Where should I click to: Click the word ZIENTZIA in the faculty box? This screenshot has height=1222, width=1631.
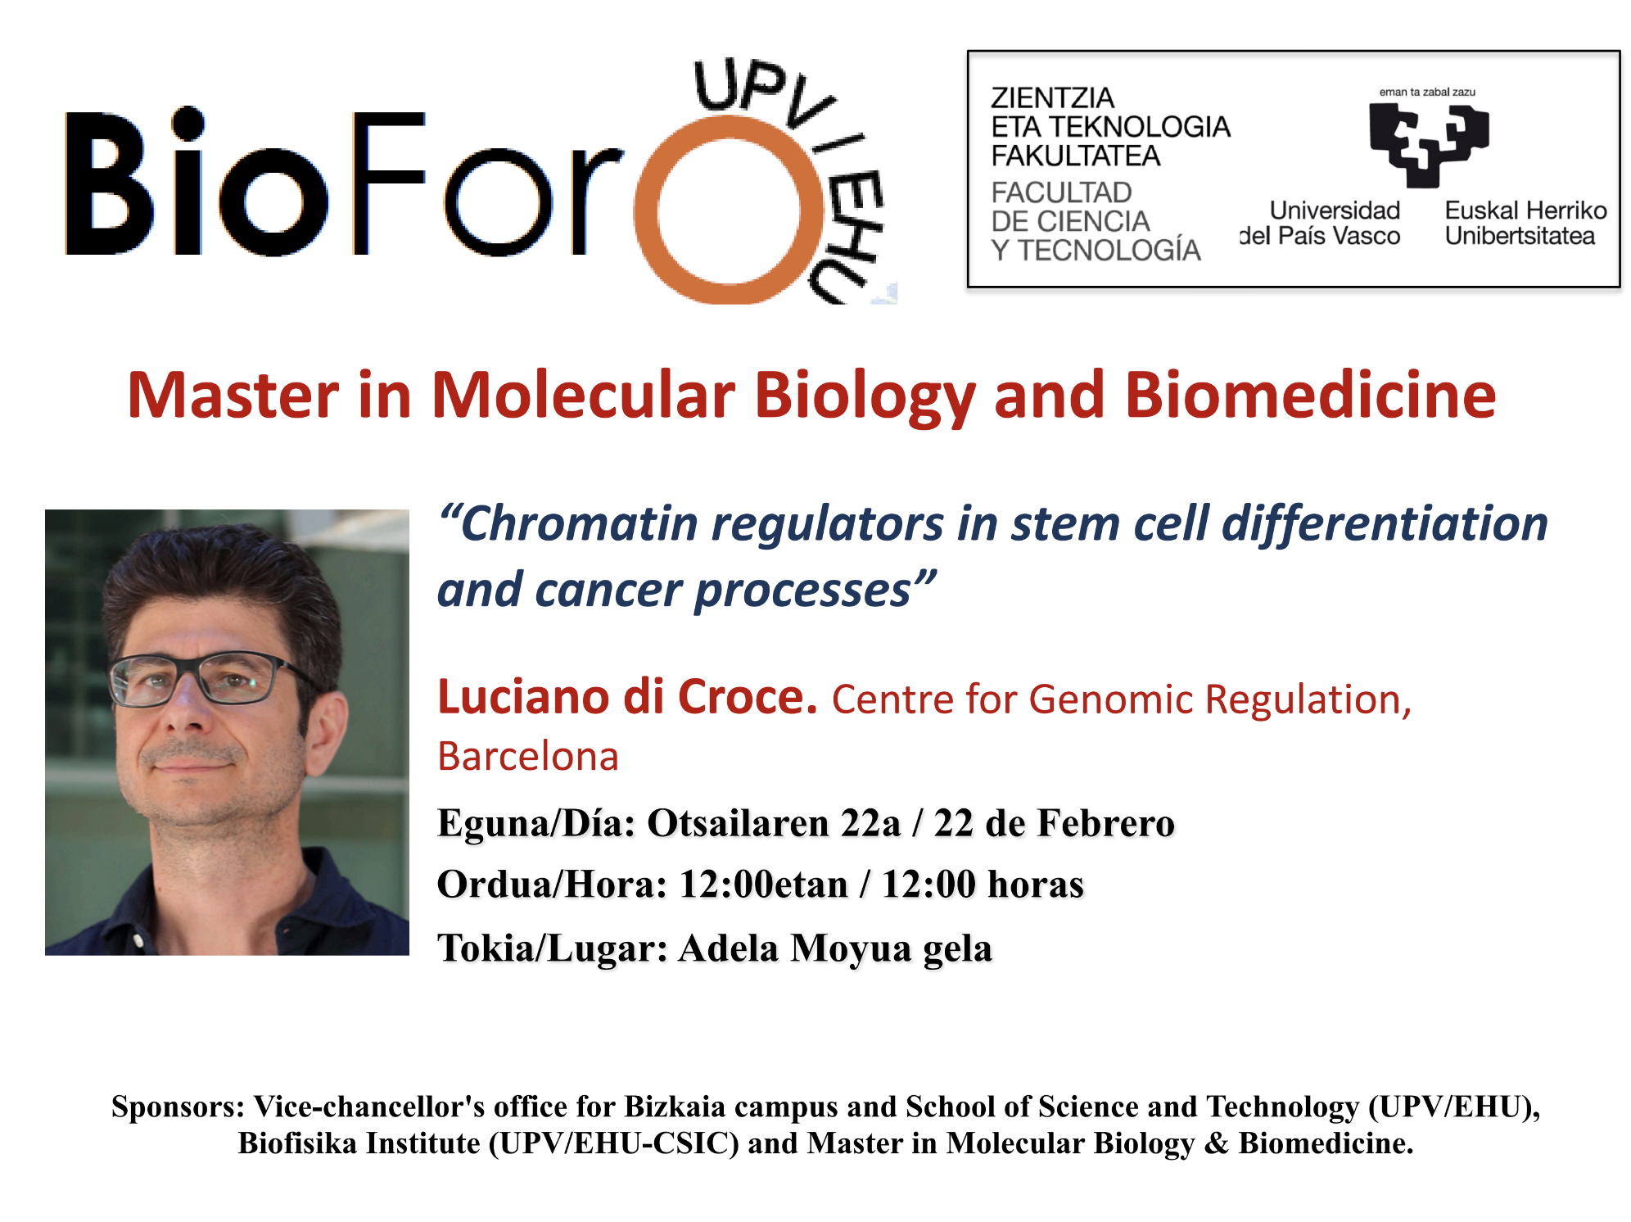pos(1052,97)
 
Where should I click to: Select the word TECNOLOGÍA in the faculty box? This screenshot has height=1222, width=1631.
pos(1109,250)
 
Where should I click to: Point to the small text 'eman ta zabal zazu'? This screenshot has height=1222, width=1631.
pos(1427,92)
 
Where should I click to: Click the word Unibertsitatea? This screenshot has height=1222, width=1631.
pos(1520,236)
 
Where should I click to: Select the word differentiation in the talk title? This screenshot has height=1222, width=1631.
pos(1385,523)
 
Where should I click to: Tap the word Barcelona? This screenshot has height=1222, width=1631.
pos(528,756)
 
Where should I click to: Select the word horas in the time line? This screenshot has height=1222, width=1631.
pos(1036,885)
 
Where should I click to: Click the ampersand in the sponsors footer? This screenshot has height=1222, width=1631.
pos(1216,1143)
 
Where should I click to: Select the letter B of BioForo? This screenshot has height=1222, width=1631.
pos(109,183)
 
